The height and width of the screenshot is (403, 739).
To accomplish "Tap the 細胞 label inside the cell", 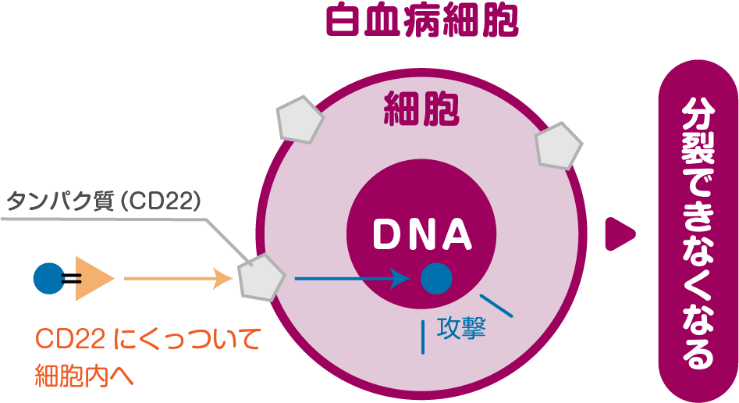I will coord(421,109).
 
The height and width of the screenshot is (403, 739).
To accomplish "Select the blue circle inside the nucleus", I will coord(435,278).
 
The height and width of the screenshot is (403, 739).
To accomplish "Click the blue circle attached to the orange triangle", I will coord(48,278).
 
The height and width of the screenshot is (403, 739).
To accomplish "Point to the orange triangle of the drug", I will coord(92,278).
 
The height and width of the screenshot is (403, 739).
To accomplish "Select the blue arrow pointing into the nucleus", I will coord(351,278).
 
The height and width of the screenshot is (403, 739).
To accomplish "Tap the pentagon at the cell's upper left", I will coord(299,119).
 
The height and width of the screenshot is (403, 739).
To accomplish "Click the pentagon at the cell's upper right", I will coord(558,145).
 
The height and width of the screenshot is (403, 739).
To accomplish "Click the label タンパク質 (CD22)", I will coord(105,201).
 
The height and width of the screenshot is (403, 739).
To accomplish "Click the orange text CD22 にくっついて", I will coord(147,341).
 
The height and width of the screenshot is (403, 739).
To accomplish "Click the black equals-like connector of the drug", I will coord(70,278).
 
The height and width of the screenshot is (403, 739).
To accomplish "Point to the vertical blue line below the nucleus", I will coord(424,336).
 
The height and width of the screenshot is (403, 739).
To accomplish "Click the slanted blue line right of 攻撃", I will coord(496,305).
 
